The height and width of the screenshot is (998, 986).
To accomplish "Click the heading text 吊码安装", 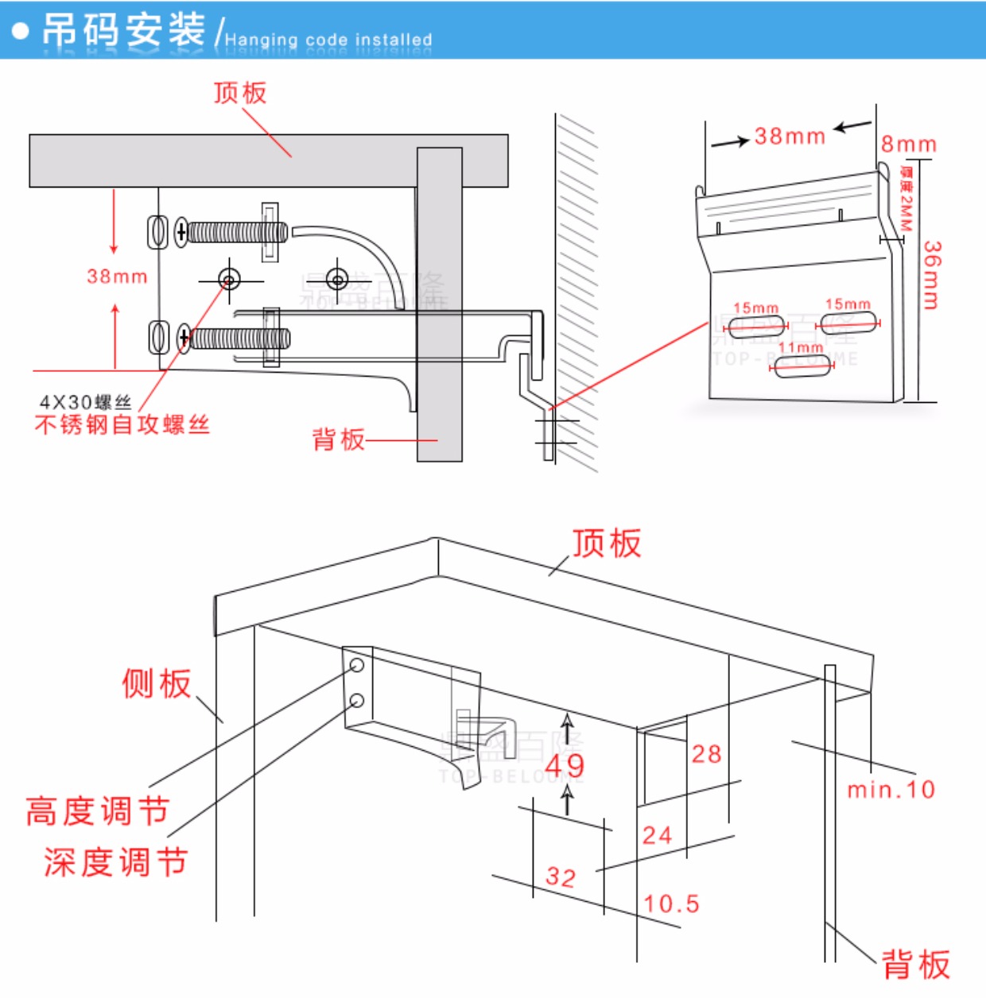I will click(123, 30).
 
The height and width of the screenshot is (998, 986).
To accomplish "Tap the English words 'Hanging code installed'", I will click(328, 40).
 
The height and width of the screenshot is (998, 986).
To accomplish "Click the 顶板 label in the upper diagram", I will click(240, 93).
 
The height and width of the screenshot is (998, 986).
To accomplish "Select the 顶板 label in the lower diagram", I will click(607, 543).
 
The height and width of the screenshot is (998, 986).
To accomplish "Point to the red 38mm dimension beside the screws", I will click(117, 277).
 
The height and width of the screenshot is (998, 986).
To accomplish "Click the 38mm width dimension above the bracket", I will click(790, 136).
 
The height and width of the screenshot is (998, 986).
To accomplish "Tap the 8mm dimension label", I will click(908, 145).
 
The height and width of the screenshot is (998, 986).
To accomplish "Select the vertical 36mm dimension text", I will click(932, 275).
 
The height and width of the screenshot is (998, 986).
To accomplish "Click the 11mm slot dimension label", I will click(801, 348).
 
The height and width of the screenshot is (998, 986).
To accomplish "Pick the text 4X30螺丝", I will click(85, 402).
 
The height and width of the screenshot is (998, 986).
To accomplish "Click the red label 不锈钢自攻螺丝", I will click(122, 425).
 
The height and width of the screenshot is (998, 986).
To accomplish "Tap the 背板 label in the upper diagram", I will click(338, 439).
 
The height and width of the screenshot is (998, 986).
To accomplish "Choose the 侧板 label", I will click(157, 683).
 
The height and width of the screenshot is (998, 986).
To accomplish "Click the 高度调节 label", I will click(97, 811).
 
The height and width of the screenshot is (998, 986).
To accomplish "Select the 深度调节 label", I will click(115, 862).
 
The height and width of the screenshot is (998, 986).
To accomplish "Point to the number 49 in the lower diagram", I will click(565, 765).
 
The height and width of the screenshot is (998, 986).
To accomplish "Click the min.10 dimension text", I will click(891, 790).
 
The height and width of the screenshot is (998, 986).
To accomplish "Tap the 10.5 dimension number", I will click(671, 903).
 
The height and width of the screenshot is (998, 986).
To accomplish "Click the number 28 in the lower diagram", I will click(706, 753).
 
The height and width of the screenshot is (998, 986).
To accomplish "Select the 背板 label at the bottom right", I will click(916, 965).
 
